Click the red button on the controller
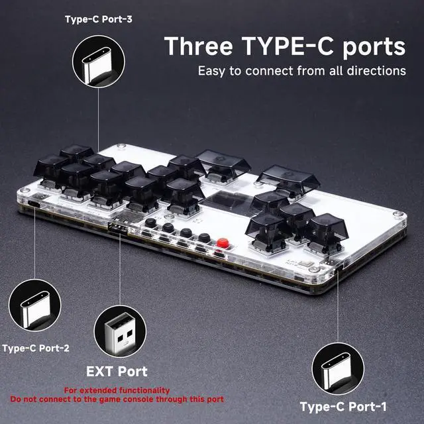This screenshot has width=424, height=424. pyautogui.click(x=223, y=242)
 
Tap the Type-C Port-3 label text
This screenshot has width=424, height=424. pyautogui.click(x=98, y=19)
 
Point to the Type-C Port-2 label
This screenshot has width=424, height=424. pyautogui.click(x=36, y=348)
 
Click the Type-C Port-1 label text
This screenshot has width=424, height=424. pyautogui.click(x=343, y=407)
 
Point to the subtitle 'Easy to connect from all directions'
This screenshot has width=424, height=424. pyautogui.click(x=301, y=71)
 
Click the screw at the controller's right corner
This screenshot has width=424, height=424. pyautogui.click(x=397, y=215)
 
